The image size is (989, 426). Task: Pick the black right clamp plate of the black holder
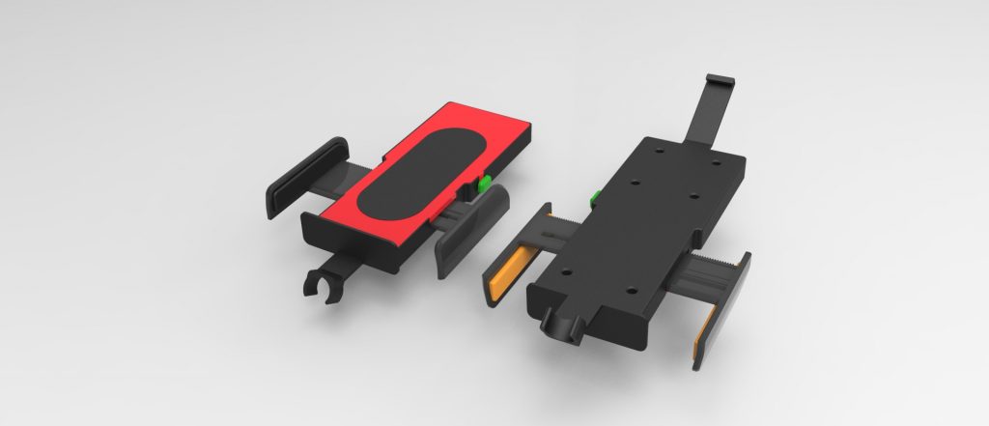point(723,309)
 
